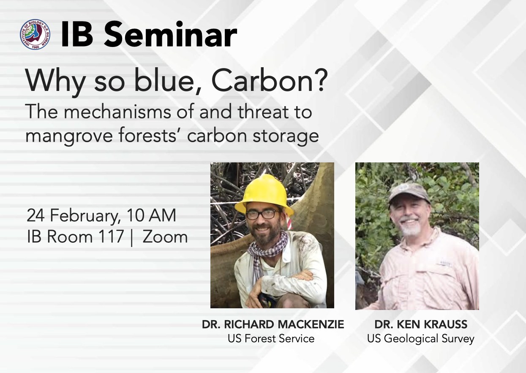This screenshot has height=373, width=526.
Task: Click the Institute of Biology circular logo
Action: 35,34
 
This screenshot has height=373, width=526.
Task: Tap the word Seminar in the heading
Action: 171,35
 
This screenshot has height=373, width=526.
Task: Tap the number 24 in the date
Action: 35,215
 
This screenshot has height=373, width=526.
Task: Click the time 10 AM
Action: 151,215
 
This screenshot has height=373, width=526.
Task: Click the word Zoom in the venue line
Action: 165,237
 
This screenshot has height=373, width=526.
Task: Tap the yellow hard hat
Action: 264,195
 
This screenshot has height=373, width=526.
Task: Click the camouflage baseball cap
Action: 409,193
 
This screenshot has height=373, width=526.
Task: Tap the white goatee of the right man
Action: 412,230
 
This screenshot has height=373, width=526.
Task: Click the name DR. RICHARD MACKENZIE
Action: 273,324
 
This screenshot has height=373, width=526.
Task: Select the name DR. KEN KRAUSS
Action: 421,324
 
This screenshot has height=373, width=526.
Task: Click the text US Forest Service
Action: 271,339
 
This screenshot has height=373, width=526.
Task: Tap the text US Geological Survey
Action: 420,339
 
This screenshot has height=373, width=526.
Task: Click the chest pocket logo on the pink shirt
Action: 443,264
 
